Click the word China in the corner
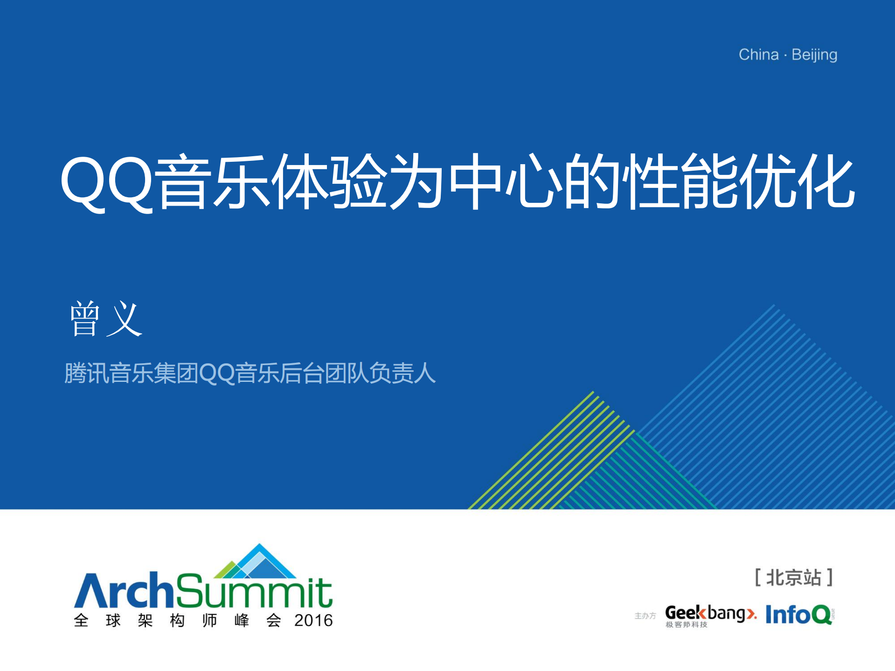click(x=758, y=55)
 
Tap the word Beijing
click(x=814, y=55)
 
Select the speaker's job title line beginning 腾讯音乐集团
click(x=250, y=374)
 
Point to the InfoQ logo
click(x=799, y=615)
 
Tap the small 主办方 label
click(x=645, y=616)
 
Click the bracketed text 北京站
click(x=793, y=578)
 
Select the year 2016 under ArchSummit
click(x=313, y=621)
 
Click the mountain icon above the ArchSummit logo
click(x=256, y=562)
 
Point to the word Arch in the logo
click(x=124, y=591)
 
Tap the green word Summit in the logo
click(x=254, y=592)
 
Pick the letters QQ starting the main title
click(x=107, y=182)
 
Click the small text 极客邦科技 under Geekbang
click(x=686, y=625)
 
